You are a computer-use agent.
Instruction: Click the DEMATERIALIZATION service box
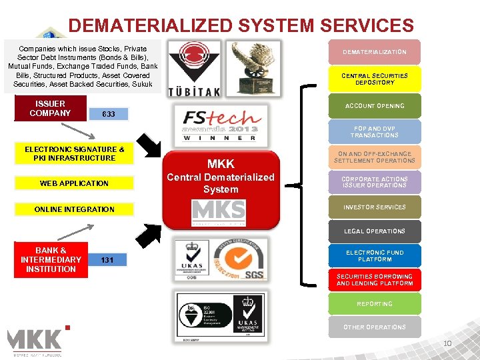point(374,52)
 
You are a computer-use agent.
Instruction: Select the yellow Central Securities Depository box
point(374,79)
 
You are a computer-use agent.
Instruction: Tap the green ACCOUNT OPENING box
point(374,106)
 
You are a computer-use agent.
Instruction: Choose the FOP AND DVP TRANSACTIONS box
point(374,131)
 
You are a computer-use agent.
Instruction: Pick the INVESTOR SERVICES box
point(374,207)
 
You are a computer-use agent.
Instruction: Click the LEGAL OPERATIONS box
point(374,231)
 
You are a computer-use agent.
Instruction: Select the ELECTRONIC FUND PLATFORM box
point(374,256)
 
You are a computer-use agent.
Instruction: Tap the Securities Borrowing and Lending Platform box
point(374,280)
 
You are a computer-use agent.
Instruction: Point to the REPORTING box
point(374,304)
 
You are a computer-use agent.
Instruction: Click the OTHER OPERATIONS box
point(374,327)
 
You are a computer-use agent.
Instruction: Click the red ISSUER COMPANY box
point(50,109)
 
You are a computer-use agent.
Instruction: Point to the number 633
point(109,115)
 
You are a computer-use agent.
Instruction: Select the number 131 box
point(109,261)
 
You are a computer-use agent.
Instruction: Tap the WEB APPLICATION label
point(74,183)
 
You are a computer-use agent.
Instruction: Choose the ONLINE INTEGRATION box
point(74,209)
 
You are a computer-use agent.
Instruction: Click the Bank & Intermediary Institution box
point(51,260)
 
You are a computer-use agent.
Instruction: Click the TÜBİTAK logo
point(193,69)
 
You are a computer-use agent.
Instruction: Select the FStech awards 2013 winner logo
point(220,122)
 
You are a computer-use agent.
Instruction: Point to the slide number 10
point(448,344)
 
